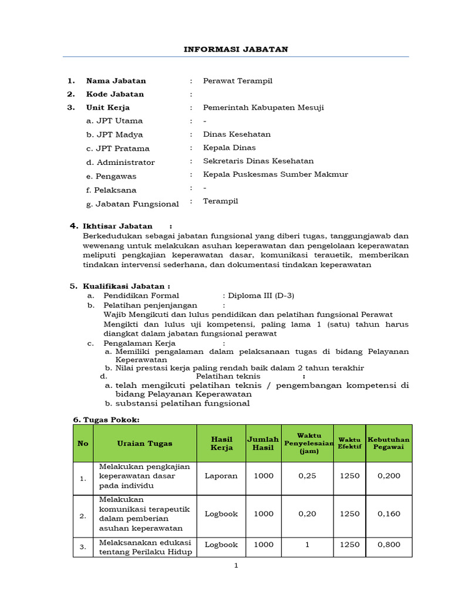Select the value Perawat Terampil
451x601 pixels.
point(237,81)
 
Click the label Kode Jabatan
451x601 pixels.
point(115,94)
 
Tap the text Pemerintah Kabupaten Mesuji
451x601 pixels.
point(263,107)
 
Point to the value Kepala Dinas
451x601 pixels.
point(229,148)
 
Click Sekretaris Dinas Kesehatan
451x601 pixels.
point(258,161)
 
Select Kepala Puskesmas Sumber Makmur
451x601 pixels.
point(275,174)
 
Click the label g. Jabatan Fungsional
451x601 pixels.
point(132,204)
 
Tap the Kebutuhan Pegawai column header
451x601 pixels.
point(389,444)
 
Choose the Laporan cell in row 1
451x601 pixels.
point(221,476)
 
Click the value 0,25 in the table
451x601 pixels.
point(307,476)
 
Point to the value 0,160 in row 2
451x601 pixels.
point(389,514)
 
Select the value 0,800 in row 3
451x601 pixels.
point(389,545)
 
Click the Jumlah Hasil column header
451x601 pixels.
point(263,444)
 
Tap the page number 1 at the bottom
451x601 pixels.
point(235,566)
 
